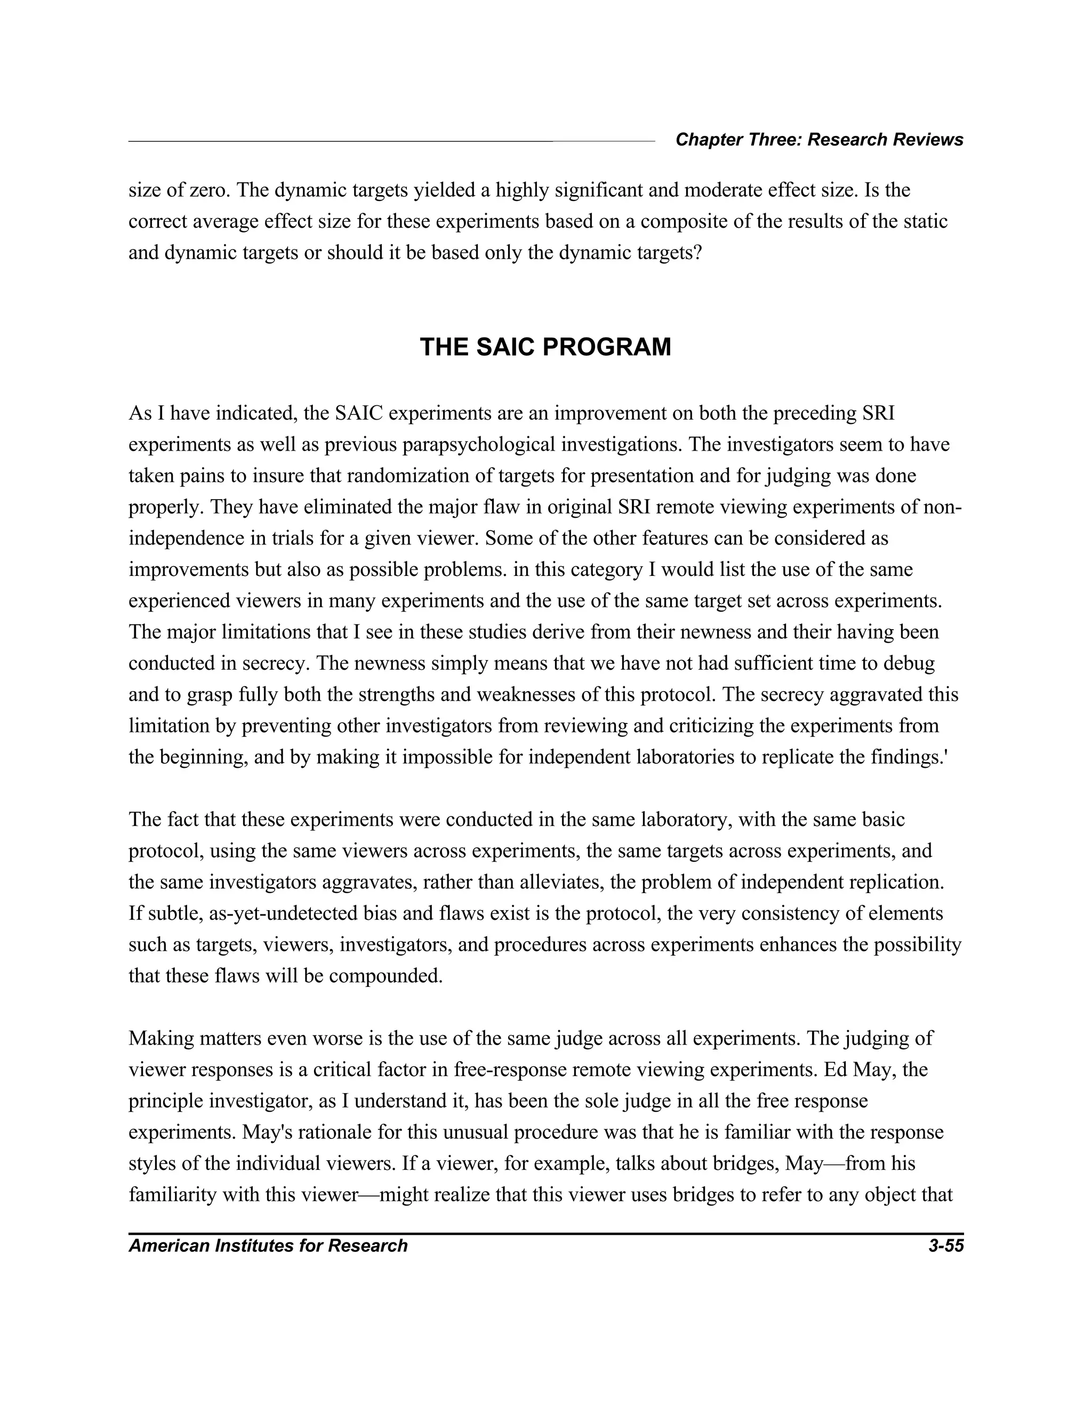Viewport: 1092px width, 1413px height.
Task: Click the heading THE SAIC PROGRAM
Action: point(545,348)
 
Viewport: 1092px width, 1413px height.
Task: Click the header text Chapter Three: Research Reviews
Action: point(819,140)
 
